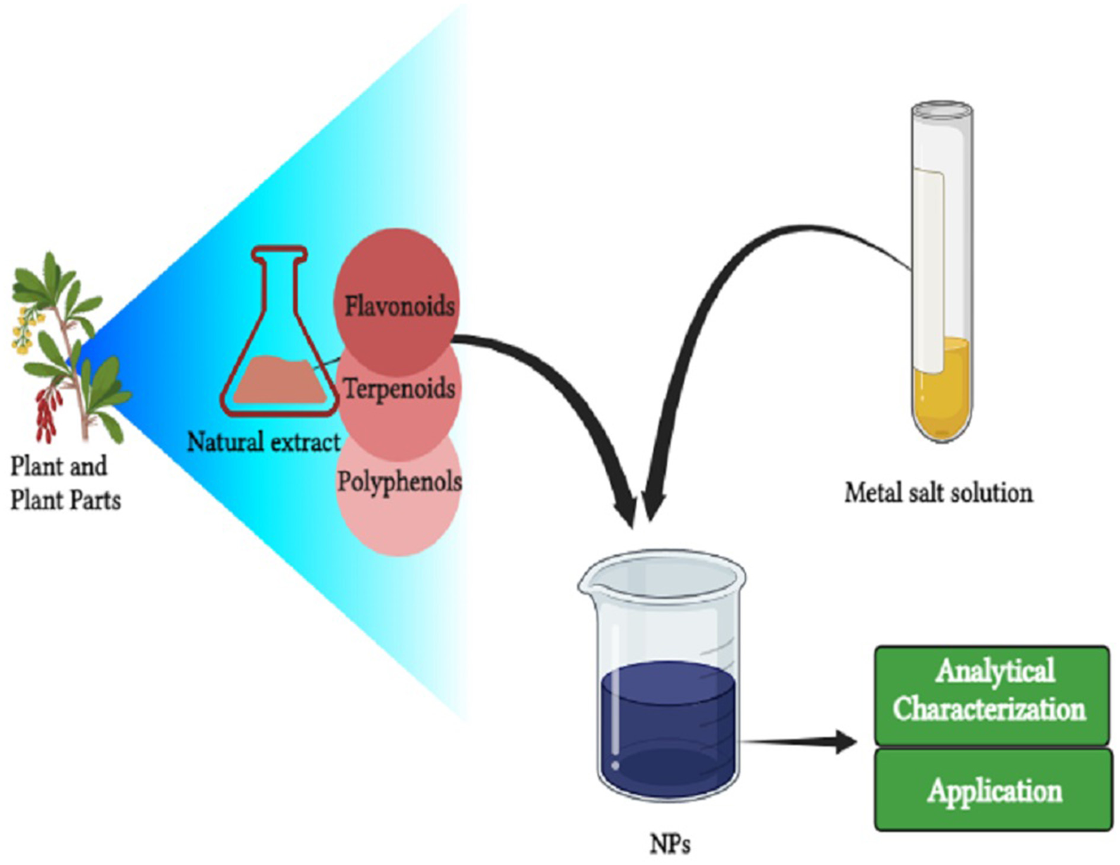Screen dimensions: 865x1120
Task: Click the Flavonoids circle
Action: (x=396, y=278)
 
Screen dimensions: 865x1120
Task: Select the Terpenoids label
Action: (x=399, y=388)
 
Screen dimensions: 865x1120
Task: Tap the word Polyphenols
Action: (x=399, y=482)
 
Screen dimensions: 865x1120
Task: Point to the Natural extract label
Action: (x=264, y=441)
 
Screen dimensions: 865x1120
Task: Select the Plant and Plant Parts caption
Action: (x=64, y=483)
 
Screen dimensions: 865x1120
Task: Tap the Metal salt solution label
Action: (x=939, y=493)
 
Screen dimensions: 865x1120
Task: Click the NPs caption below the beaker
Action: (x=670, y=844)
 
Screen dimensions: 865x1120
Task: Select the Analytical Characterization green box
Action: (x=991, y=694)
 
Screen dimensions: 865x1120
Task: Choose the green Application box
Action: (x=994, y=790)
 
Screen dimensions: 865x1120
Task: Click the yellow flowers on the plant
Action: (x=24, y=329)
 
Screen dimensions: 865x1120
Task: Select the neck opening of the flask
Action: (x=279, y=255)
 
